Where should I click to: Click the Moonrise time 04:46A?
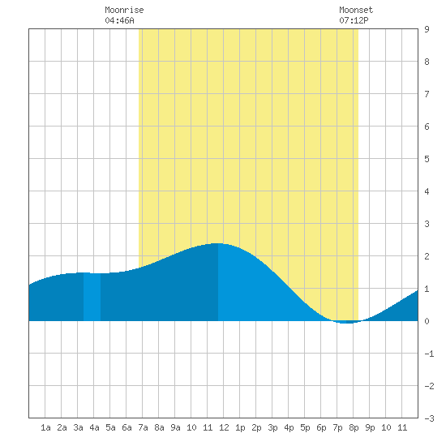coord(119,20)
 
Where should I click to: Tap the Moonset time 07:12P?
coord(354,20)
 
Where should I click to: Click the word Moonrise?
coord(124,10)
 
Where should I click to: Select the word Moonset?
coord(356,10)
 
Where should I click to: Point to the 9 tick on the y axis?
coord(427,29)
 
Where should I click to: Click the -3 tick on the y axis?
coord(429,418)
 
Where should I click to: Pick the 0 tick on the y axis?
coord(427,321)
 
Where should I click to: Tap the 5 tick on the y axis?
coord(427,159)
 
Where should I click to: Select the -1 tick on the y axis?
coord(429,354)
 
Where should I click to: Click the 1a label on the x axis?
coord(45,427)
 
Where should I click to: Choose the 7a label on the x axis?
coord(143,427)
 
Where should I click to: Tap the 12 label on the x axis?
coord(224,427)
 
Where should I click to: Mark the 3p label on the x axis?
coord(272,427)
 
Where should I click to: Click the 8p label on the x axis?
coord(354,427)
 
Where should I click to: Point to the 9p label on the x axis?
coord(370,427)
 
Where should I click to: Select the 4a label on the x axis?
coord(94,427)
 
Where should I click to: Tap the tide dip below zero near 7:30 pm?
coord(347,323)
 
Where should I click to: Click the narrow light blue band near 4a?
coord(92,297)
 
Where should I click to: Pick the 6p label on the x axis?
coord(321,427)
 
